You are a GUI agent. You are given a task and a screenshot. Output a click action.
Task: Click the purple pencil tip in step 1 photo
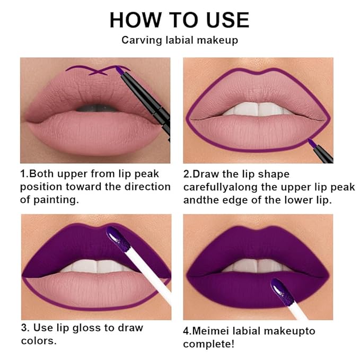point(120,69)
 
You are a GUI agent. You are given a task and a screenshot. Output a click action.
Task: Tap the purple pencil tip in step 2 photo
point(310,142)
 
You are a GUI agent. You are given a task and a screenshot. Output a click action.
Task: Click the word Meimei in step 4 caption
point(210,331)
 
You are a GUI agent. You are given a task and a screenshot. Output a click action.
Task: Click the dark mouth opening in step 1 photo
point(95,108)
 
